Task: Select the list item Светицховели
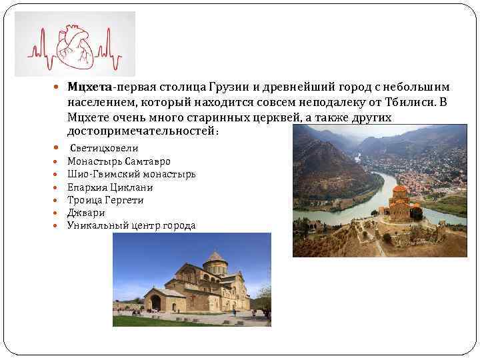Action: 105,149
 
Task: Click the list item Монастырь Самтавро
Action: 119,161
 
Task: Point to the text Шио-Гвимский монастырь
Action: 131,174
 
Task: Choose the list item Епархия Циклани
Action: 110,187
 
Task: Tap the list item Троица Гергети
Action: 105,200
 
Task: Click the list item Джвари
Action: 86,213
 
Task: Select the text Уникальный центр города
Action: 131,225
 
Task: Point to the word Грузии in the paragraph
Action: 229,87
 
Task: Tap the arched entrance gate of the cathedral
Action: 155,303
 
